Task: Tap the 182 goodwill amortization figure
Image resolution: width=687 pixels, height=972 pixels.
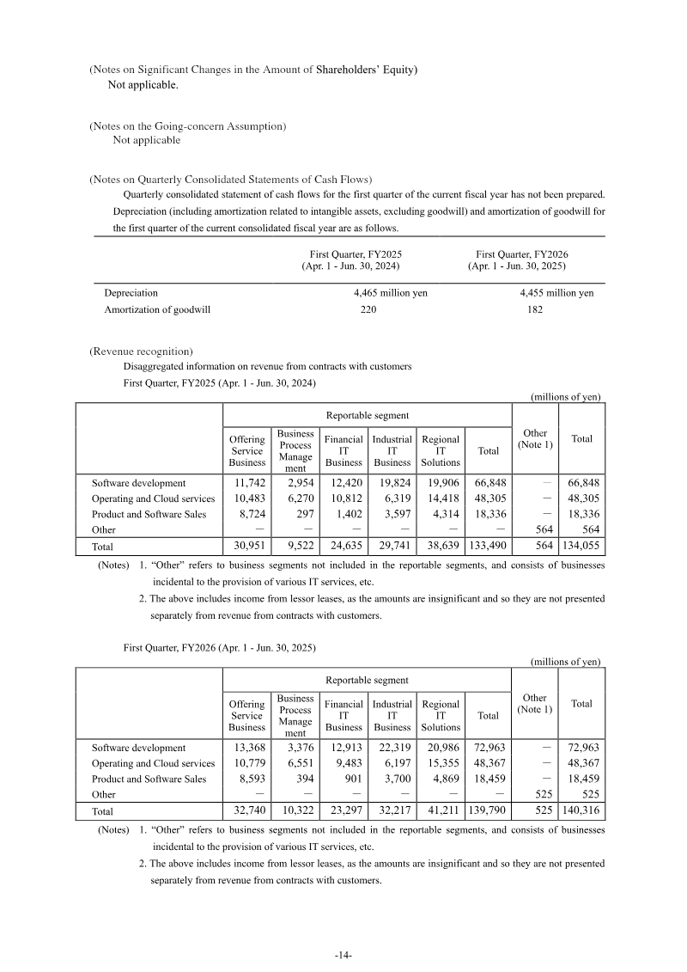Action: [x=534, y=309]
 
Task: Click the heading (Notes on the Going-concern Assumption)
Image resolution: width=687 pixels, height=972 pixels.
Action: [x=188, y=126]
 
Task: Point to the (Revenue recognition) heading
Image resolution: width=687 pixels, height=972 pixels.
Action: [x=141, y=352]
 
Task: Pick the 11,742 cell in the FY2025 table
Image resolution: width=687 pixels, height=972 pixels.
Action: [x=248, y=483]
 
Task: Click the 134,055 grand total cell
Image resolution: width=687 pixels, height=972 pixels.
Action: [x=581, y=546]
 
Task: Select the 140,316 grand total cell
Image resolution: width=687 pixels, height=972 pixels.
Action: [x=581, y=810]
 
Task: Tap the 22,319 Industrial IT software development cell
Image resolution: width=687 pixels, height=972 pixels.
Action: [x=393, y=748]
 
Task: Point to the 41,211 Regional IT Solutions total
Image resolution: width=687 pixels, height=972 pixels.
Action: [x=441, y=810]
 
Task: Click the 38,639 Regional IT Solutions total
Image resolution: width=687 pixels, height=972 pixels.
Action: [x=441, y=546]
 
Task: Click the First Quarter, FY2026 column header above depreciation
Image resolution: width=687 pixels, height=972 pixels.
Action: [x=522, y=260]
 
